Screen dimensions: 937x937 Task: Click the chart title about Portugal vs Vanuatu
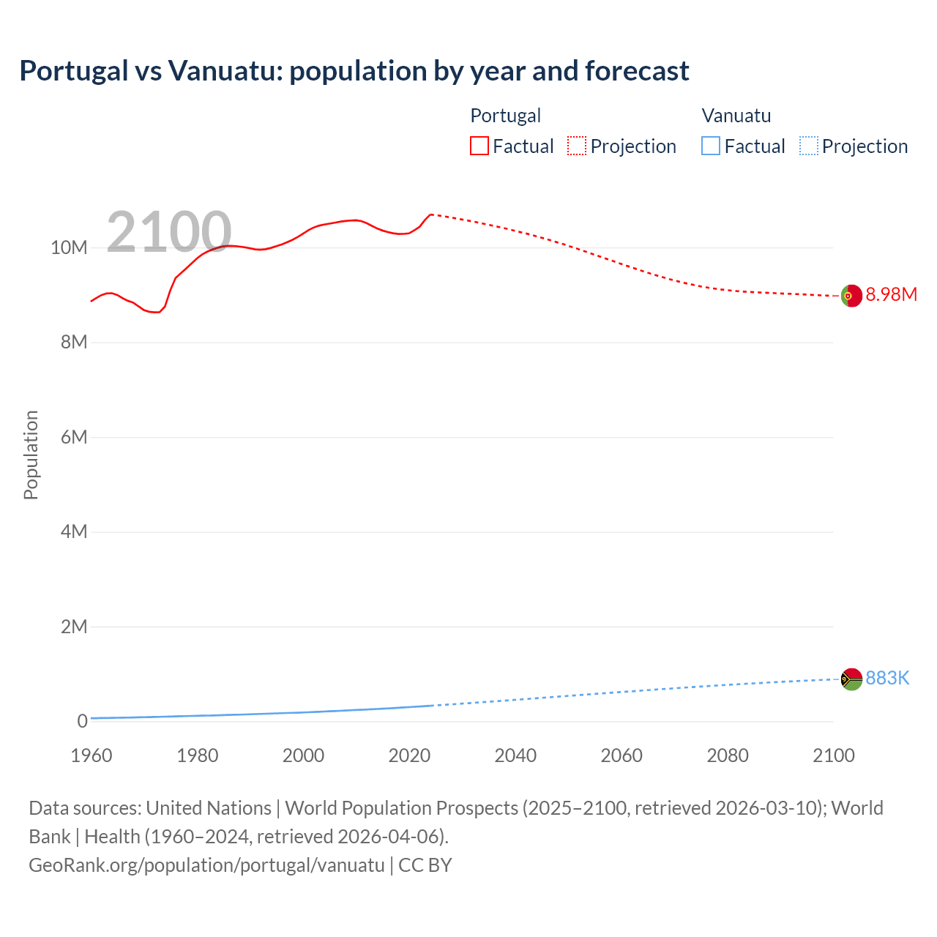coord(354,71)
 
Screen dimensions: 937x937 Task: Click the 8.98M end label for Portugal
coord(891,295)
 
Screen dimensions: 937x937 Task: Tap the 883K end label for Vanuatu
coord(887,679)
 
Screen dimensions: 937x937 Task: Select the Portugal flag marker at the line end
coord(851,296)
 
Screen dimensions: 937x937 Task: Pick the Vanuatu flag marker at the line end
coord(851,679)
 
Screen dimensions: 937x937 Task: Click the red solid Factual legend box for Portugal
coord(479,146)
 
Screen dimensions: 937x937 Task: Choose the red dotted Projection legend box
coord(577,146)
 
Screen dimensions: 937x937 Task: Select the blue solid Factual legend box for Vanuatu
coord(711,146)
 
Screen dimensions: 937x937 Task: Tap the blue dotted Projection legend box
coord(808,146)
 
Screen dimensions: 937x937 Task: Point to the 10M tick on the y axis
coord(69,248)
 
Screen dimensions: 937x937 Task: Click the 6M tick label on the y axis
coord(73,438)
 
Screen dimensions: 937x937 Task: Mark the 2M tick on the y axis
coord(73,627)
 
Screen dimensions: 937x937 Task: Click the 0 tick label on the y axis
coord(82,722)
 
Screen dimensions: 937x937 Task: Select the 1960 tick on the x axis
coord(92,755)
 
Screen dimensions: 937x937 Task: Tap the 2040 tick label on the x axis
coord(515,755)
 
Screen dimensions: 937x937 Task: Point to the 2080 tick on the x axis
coord(728,755)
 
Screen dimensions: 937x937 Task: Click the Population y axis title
coord(31,455)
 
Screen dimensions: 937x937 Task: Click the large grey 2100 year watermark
coord(169,232)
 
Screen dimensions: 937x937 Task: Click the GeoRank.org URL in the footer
coord(206,865)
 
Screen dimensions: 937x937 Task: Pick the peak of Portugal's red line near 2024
coord(431,214)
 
